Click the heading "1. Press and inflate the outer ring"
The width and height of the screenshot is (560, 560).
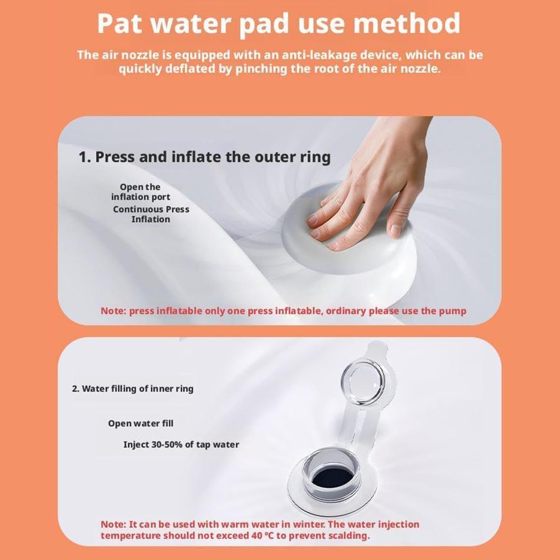(204, 157)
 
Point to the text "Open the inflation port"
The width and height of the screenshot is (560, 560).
(140, 192)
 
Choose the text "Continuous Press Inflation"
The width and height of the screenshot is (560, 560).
(151, 214)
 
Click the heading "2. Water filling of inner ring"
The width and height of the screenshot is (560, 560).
(133, 389)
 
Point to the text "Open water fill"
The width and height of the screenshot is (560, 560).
(141, 423)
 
